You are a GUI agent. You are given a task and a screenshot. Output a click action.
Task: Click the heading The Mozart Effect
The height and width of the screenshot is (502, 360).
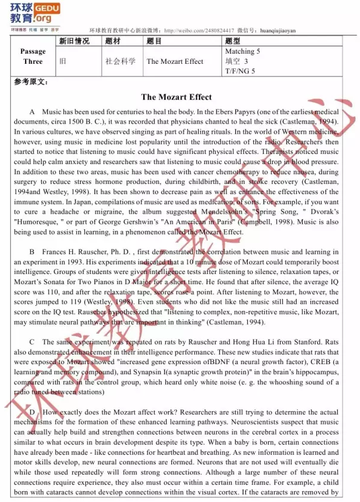coord(176,97)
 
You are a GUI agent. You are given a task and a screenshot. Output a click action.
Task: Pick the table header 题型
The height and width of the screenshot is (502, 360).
coord(233,41)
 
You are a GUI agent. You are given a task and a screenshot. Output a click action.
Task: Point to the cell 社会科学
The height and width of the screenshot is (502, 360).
coord(120,61)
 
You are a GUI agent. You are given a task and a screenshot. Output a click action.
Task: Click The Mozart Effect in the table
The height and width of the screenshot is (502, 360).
coord(175,61)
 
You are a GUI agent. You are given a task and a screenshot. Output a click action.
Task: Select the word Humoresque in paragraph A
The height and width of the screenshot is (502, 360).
coord(36,223)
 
